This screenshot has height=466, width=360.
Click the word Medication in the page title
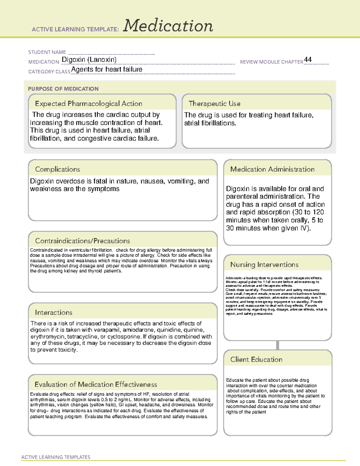pyautogui.click(x=168, y=26)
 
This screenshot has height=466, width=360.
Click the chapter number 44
pyautogui.click(x=308, y=59)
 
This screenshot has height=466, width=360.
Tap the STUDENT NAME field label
pyautogui.click(x=47, y=52)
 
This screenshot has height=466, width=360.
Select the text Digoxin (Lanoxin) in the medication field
pyautogui.click(x=89, y=60)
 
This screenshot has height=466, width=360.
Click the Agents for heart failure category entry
pyautogui.click(x=107, y=69)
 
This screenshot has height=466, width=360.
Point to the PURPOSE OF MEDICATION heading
pyautogui.click(x=63, y=89)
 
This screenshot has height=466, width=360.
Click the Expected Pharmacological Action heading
pyautogui.click(x=88, y=104)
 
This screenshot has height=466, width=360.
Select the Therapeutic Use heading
pyautogui.click(x=214, y=104)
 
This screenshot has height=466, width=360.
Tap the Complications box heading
pyautogui.click(x=58, y=169)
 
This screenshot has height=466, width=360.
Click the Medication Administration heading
pyautogui.click(x=272, y=169)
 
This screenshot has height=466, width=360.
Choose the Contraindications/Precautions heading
pyautogui.click(x=82, y=241)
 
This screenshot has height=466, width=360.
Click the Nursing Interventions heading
pyautogui.click(x=264, y=265)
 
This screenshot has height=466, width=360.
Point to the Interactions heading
pyautogui.click(x=54, y=313)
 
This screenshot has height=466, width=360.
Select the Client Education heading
pyautogui.click(x=256, y=359)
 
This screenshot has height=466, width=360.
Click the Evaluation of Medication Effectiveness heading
pyautogui.click(x=96, y=384)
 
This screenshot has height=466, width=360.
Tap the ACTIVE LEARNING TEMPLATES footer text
pyautogui.click(x=56, y=457)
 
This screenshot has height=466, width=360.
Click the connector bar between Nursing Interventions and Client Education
pyautogui.click(x=277, y=345)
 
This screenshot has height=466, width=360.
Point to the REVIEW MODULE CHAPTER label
pyautogui.click(x=271, y=62)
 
